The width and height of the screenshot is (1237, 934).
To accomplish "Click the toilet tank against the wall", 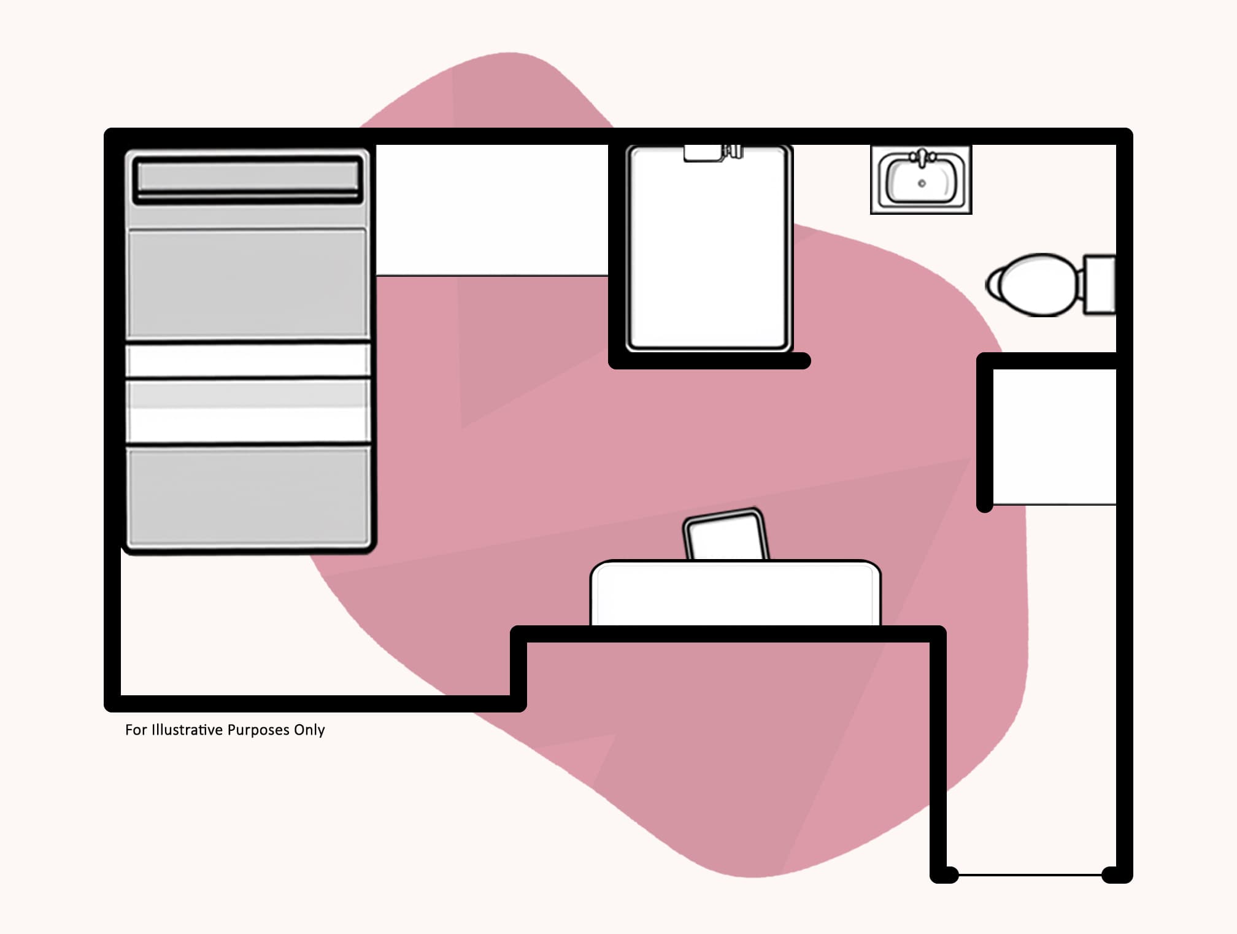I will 1100,285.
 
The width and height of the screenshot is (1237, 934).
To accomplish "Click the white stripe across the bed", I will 247,360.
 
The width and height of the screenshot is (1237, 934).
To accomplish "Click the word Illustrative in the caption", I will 187,730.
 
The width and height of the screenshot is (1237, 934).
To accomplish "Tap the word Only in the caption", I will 309,730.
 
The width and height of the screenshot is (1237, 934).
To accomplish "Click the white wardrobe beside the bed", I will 491,210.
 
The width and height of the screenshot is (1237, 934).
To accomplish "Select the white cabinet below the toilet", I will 1054,436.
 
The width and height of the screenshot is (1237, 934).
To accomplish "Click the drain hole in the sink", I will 922,183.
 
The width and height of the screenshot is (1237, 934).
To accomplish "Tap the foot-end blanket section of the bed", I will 247,496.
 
